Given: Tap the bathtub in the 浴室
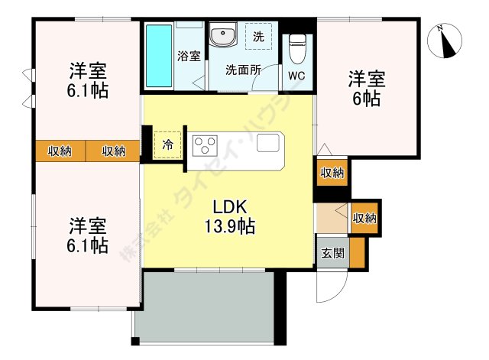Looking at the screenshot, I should coord(159,57).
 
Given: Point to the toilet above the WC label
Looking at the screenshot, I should coord(298,49).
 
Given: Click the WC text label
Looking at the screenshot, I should coord(297,76).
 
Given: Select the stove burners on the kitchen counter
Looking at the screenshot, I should coord(206,144).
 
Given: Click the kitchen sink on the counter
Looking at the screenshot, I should coord(269,143).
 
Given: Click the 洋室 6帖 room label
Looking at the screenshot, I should coord(367,89).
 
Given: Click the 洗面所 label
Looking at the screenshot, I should coord(243,69).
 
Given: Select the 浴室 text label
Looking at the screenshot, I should coord(189,56).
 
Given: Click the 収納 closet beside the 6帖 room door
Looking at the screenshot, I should coord(332,173).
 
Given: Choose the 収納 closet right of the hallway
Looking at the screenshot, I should coord(364,219).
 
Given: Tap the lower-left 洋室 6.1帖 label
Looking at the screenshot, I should coord(88,235).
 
